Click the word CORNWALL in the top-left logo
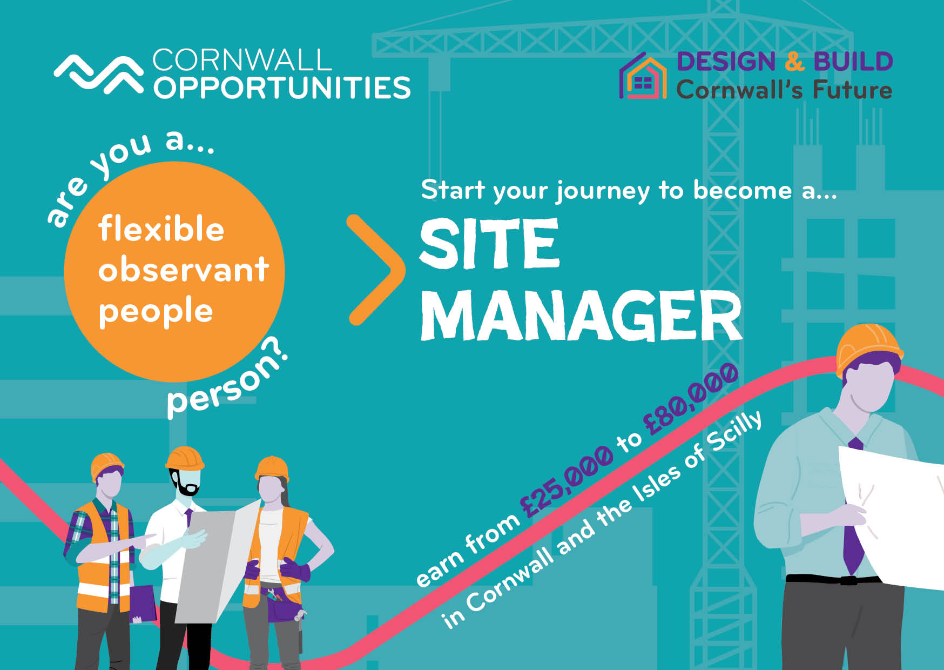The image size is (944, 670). [242, 61]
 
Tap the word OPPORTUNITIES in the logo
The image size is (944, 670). [282, 88]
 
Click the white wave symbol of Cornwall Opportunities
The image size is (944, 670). [99, 74]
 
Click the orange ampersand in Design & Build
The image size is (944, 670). [794, 62]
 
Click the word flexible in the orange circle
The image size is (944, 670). [161, 229]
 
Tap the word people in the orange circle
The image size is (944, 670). [156, 312]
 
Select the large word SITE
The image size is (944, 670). [489, 244]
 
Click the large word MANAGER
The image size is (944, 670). [581, 316]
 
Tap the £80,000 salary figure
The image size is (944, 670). [691, 399]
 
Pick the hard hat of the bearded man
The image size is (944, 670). [185, 458]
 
